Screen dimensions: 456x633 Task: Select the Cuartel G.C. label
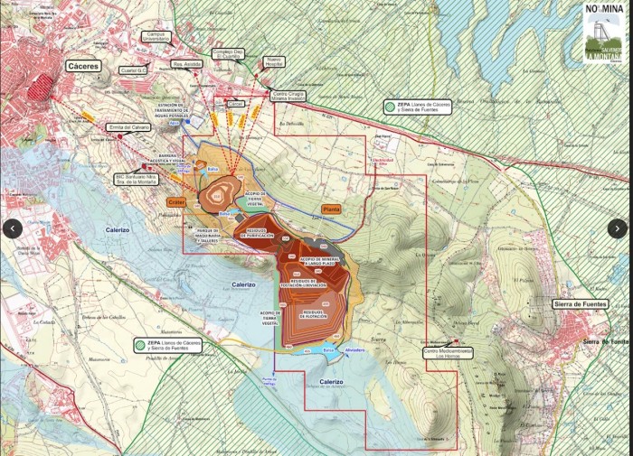tap(135, 70)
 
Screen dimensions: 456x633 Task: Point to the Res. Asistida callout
tap(186, 65)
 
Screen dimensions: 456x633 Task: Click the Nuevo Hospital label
tap(273, 61)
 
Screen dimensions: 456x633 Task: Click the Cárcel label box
tap(237, 105)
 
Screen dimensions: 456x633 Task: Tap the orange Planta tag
tap(331, 209)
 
